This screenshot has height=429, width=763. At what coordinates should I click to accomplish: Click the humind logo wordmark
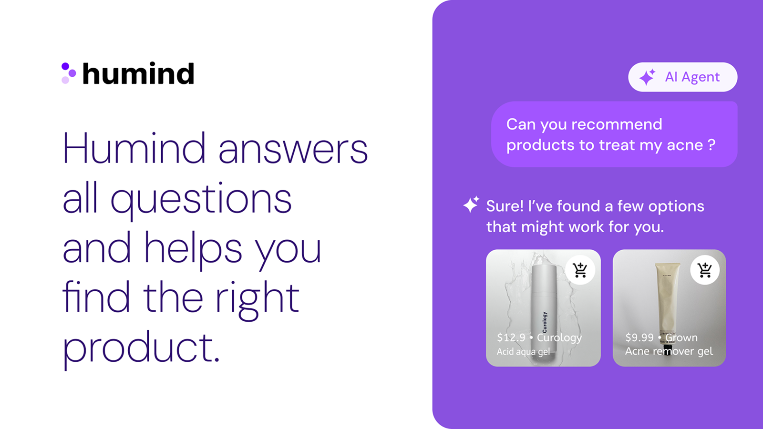click(138, 74)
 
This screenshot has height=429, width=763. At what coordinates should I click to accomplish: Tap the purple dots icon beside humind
click(68, 73)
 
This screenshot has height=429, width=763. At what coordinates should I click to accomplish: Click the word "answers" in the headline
click(293, 149)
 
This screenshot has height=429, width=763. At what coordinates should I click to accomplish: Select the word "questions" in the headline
click(201, 200)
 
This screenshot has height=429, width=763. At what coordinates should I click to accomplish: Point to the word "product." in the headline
click(141, 347)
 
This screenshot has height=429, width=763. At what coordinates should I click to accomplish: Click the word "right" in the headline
click(257, 298)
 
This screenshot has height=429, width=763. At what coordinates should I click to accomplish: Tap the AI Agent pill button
click(682, 77)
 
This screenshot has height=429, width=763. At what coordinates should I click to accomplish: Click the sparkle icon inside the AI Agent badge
click(647, 77)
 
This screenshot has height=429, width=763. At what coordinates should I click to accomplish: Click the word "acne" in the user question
click(685, 145)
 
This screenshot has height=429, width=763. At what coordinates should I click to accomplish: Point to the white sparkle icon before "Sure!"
click(471, 204)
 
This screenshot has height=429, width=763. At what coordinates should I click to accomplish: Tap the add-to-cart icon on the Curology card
click(580, 270)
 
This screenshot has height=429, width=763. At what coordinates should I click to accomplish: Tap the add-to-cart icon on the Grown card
click(705, 270)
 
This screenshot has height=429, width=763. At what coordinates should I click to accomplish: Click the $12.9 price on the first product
click(511, 337)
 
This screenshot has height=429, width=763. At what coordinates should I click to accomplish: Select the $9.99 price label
click(639, 337)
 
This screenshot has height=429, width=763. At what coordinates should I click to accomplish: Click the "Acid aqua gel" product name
click(523, 352)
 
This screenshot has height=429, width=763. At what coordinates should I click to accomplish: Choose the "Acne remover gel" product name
click(669, 351)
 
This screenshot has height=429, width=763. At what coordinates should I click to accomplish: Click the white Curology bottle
click(543, 305)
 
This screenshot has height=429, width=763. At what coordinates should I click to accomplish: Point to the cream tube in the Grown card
click(668, 300)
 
